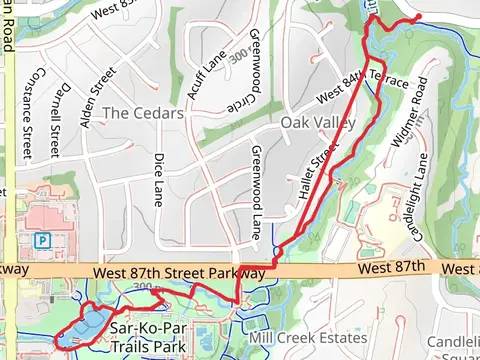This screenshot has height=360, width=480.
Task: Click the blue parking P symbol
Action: (x=42, y=240)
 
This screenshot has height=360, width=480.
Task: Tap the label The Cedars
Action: (x=144, y=113)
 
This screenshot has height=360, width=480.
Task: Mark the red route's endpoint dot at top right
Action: (x=416, y=16)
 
